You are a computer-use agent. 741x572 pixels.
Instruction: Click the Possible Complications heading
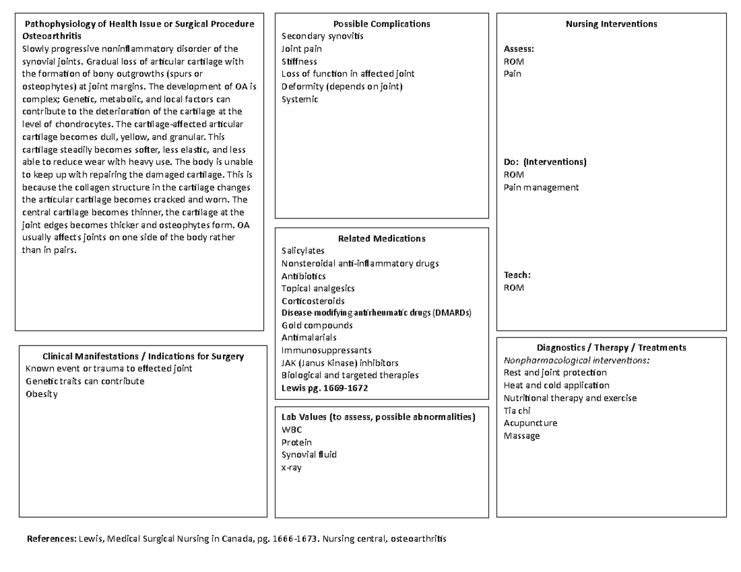point(382,24)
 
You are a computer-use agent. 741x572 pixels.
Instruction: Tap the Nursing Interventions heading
point(611,24)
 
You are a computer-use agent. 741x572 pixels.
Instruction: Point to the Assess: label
point(519,49)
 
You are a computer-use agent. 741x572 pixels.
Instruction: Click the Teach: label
point(517,275)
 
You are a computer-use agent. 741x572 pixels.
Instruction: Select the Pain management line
point(541,187)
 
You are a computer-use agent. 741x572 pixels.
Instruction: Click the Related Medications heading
point(382,239)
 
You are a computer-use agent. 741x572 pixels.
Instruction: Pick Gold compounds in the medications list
point(317,325)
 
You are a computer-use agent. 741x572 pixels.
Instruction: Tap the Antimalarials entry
point(309,338)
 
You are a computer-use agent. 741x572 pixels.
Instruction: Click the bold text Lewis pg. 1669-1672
point(325,388)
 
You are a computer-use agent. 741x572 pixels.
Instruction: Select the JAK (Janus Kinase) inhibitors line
point(340,363)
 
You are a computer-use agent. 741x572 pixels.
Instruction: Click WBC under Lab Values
point(291,430)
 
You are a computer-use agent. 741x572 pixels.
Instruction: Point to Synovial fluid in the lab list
point(309,455)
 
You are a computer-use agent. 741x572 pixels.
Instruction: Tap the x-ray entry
point(291,468)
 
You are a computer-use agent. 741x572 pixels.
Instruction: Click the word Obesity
point(41,394)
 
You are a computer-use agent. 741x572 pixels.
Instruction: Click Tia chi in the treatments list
point(517,410)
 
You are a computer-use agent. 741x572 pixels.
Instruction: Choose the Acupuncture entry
point(530,423)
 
